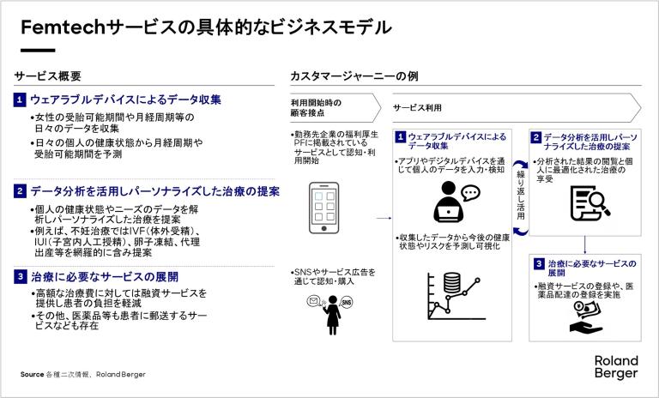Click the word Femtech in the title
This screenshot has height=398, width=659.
(x=63, y=27)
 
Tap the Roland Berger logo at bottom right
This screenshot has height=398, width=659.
(x=616, y=367)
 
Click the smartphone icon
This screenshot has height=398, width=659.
(x=323, y=208)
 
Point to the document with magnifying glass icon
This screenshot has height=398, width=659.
(x=590, y=203)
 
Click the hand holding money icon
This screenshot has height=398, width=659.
(x=587, y=317)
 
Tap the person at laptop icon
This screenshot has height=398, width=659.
(x=456, y=202)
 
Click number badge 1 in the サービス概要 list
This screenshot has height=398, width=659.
(x=20, y=100)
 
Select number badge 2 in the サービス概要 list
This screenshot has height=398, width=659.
(x=20, y=191)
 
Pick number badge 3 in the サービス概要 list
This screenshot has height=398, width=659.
(x=20, y=276)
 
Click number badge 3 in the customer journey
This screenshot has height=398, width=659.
(x=539, y=264)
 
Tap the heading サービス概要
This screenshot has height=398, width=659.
(x=47, y=76)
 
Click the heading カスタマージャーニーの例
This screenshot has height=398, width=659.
(x=354, y=76)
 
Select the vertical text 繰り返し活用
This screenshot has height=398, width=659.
(x=521, y=195)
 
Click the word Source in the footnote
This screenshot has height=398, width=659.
(x=32, y=374)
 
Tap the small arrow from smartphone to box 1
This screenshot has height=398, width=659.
(x=384, y=218)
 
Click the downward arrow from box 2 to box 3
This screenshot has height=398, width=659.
(x=584, y=245)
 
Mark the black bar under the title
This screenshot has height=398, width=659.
(x=38, y=51)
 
